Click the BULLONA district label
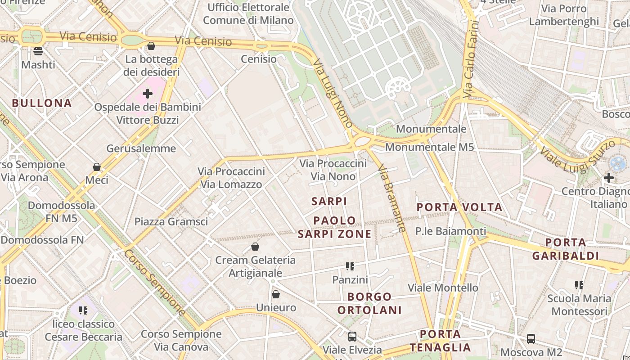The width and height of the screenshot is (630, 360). [x=42, y=103]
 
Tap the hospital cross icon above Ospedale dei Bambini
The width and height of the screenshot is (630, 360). [x=148, y=94]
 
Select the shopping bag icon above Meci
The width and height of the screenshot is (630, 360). [x=97, y=167]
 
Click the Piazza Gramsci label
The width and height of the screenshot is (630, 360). [x=171, y=221]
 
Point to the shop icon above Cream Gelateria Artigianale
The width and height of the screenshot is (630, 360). [x=255, y=247]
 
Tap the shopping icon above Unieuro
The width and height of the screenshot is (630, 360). [x=276, y=294]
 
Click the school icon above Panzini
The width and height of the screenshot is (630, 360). [x=350, y=266]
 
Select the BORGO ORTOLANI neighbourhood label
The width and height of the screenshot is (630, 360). [x=369, y=303]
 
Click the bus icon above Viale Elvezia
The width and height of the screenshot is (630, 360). [x=352, y=336]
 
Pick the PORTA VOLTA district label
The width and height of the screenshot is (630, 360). [x=459, y=207]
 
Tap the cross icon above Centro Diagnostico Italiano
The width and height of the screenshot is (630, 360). [x=609, y=178]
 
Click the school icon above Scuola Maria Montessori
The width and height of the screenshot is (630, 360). [x=579, y=285]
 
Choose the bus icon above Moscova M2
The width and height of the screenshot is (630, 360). [x=531, y=338]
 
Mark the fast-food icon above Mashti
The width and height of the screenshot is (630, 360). [x=38, y=51]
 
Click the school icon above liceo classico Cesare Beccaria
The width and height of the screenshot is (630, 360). [x=83, y=310]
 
